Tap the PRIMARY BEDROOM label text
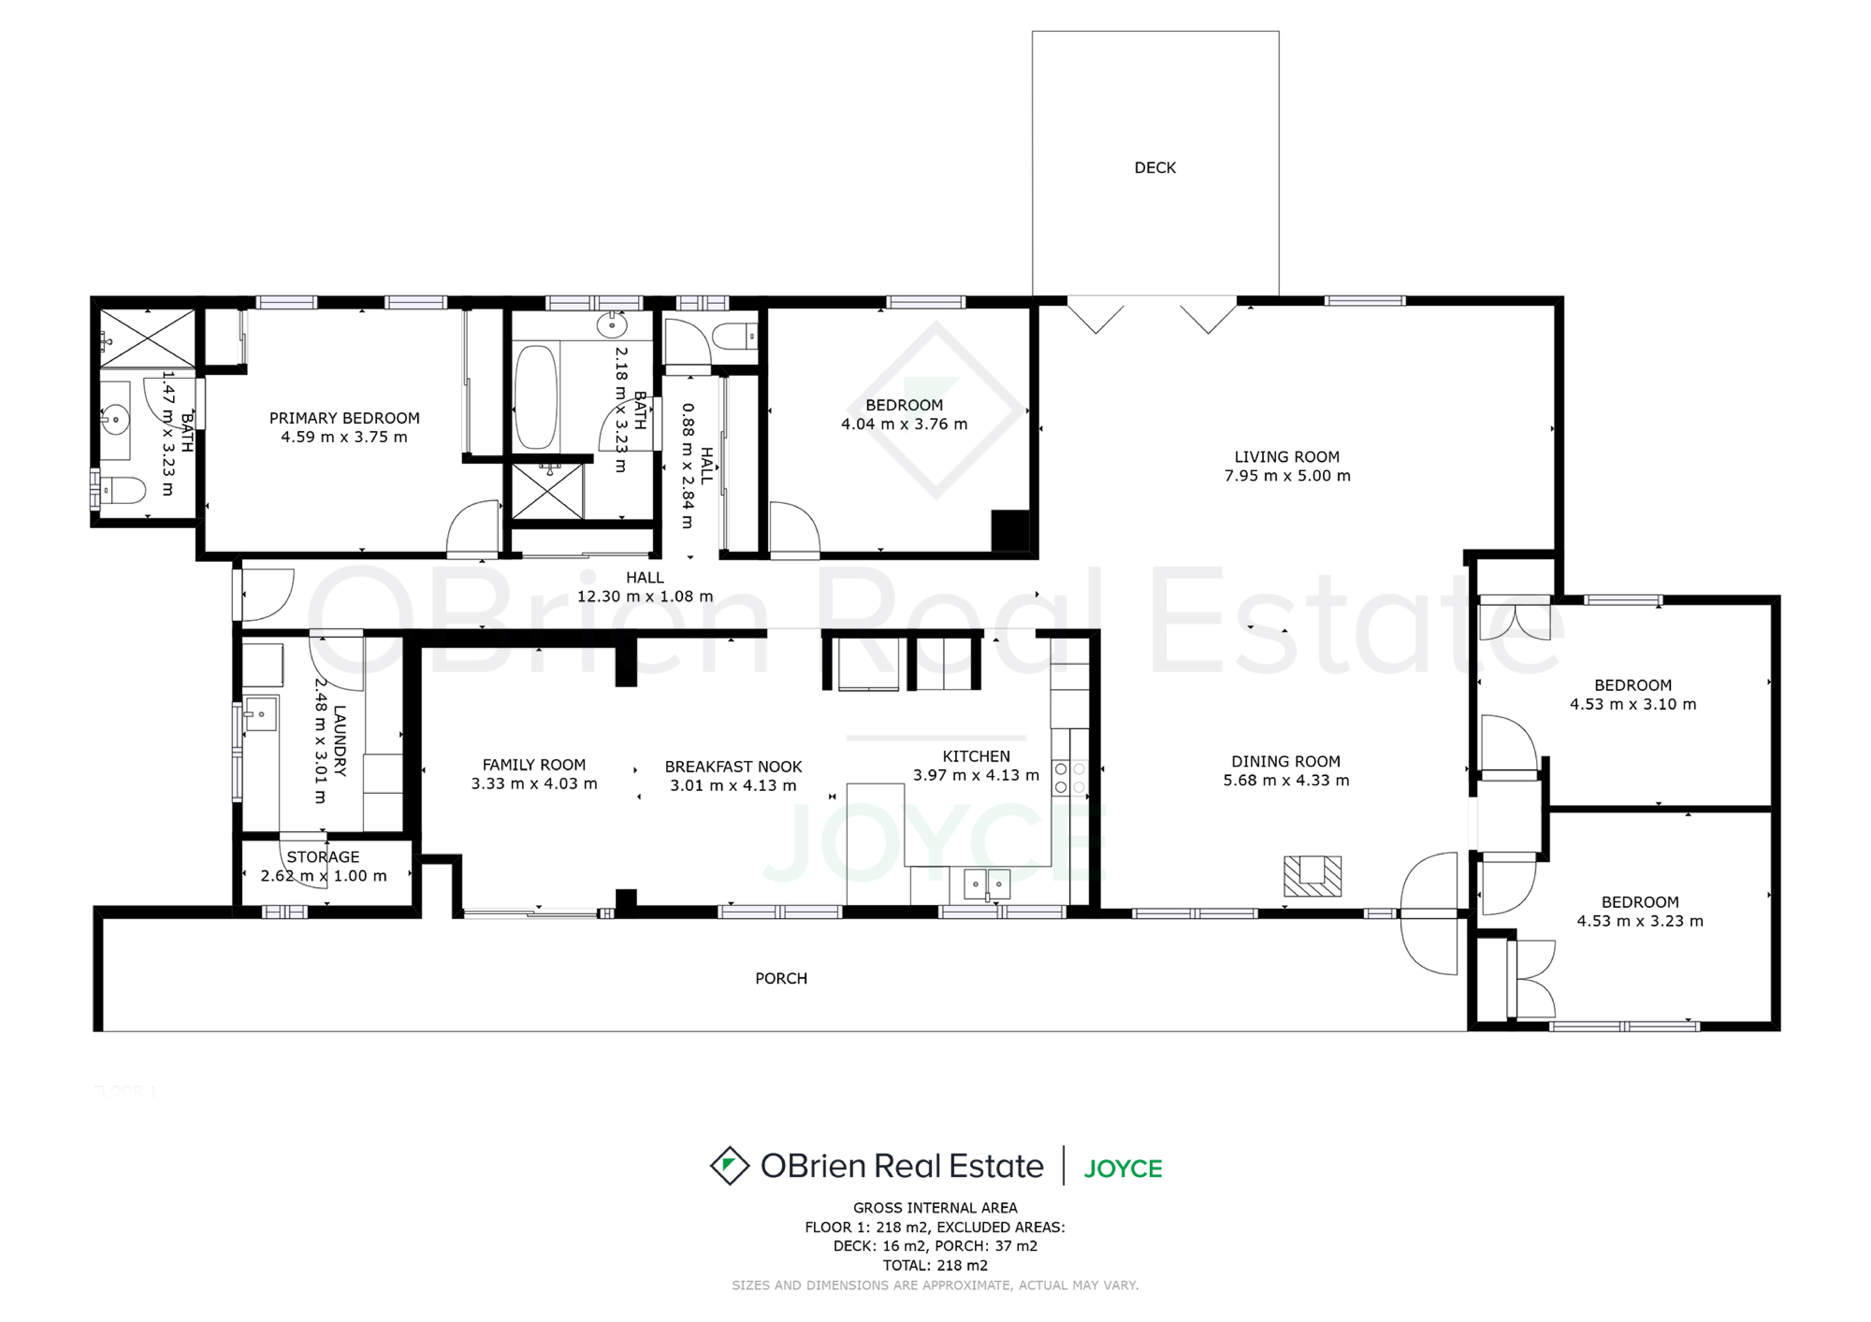[345, 418]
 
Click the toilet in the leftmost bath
[122, 490]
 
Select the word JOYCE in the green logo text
[1123, 1169]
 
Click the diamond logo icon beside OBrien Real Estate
[729, 1166]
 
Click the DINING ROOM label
[1286, 762]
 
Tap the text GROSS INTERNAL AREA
[935, 1208]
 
